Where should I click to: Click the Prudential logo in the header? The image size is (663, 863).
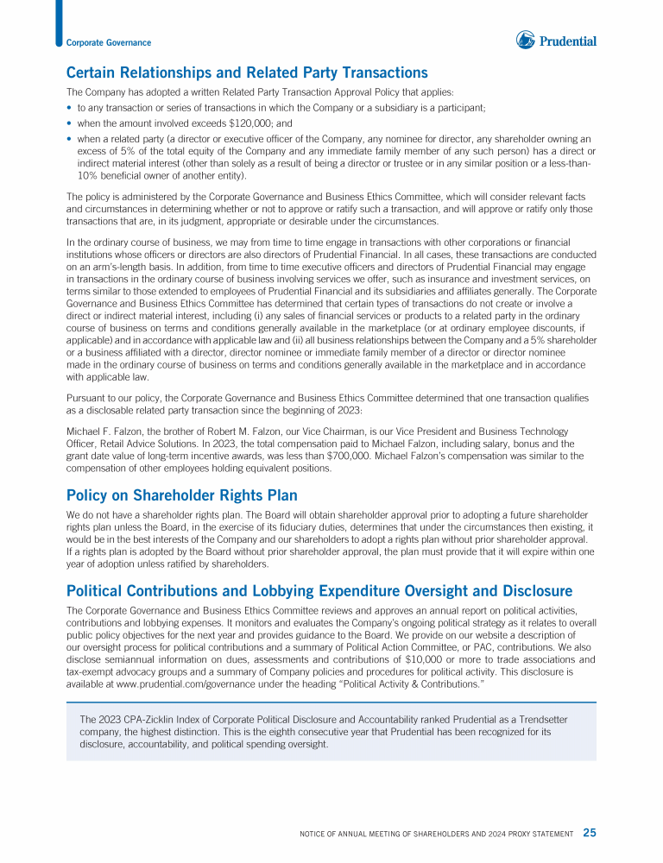[556, 41]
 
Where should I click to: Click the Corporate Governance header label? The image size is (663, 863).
[109, 42]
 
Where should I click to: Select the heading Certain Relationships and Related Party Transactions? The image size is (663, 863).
[247, 73]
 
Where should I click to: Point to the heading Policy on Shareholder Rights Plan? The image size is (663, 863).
[181, 494]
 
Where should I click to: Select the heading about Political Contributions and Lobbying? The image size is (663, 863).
[319, 591]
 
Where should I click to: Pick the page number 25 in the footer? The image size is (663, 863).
[590, 833]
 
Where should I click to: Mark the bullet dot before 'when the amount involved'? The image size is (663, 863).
[69, 123]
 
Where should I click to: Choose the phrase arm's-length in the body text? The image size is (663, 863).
[105, 268]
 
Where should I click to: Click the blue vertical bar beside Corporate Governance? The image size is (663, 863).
[59, 22]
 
